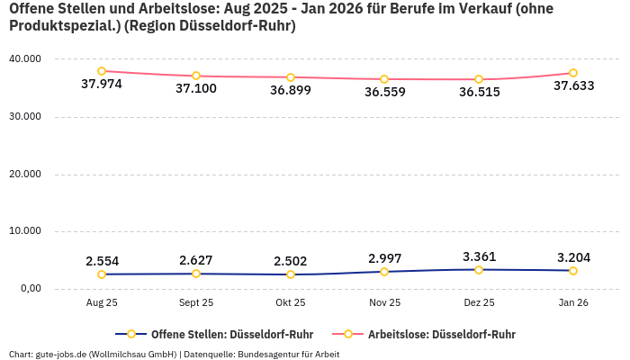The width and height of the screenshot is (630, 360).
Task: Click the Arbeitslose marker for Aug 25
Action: [x=102, y=71]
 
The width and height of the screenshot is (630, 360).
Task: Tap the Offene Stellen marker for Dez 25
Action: [x=479, y=270]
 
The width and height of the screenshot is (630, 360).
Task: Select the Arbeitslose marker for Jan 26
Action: [x=573, y=73]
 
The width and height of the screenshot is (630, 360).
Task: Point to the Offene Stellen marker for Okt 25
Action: [x=291, y=274]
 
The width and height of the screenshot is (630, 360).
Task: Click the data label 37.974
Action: [x=102, y=85]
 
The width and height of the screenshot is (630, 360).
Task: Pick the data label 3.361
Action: [x=479, y=256]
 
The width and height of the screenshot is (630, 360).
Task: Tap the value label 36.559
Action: [x=384, y=92]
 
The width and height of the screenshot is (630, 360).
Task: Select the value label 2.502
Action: [x=291, y=261]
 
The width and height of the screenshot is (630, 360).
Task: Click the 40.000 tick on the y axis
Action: [x=25, y=59]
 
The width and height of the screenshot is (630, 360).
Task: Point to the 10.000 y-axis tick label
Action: [x=25, y=231]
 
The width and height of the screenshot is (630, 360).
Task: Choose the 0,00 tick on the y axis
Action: [x=30, y=289]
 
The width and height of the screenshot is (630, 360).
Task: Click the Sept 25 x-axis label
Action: [x=196, y=303]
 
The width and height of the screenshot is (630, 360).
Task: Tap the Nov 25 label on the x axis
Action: [x=384, y=303]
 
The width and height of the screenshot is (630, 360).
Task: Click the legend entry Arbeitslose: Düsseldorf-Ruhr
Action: [x=441, y=334]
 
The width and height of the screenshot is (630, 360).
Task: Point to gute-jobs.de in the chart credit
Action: [x=61, y=354]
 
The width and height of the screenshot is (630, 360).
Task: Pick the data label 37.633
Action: [x=573, y=86]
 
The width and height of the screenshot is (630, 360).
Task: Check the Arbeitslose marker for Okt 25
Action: [x=291, y=77]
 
